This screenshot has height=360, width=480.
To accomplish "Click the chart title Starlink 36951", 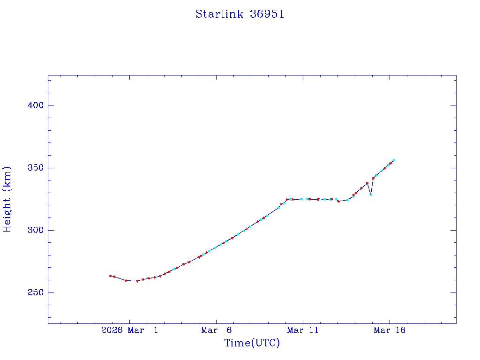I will [x=240, y=14].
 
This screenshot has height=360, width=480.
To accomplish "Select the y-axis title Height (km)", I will [x=7, y=199].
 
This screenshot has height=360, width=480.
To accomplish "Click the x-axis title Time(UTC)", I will [x=252, y=343].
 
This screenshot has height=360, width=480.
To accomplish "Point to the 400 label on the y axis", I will [x=36, y=105].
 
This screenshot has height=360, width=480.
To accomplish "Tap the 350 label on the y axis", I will [x=36, y=168].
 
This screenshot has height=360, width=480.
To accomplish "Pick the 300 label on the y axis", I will [x=36, y=230].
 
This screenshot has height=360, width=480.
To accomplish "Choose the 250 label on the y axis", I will [x=36, y=292].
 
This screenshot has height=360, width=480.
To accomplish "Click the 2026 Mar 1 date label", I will [x=130, y=330].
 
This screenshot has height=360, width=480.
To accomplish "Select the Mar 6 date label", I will [x=216, y=330].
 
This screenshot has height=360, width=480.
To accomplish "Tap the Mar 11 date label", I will [x=303, y=330].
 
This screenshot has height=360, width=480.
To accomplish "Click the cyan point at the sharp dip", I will [x=371, y=195].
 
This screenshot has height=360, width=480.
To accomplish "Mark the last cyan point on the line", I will [x=394, y=160].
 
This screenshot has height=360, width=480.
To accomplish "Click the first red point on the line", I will [x=110, y=276].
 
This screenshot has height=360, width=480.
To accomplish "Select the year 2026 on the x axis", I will [x=112, y=330].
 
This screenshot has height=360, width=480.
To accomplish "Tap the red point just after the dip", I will [x=373, y=178].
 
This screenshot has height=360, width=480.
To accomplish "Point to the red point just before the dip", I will [x=367, y=183].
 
